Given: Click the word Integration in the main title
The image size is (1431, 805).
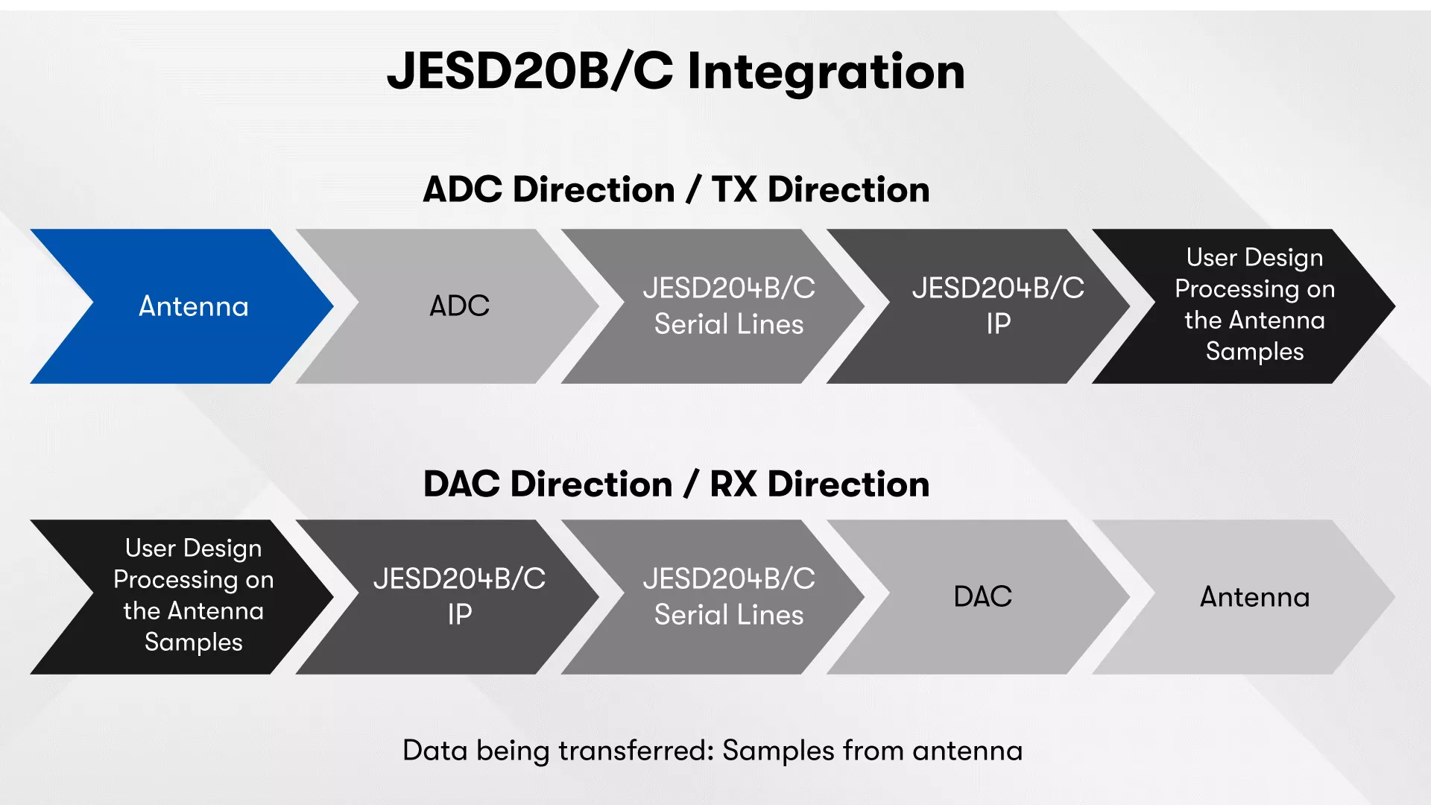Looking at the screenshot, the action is coord(826,73).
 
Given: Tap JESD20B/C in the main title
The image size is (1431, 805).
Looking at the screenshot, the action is coord(530,72).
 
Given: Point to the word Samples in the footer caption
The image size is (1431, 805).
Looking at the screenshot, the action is coord(778,751).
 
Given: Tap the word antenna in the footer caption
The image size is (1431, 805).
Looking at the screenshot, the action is coord(967,751).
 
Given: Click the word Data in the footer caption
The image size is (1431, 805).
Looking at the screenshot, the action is coord(435,751).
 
